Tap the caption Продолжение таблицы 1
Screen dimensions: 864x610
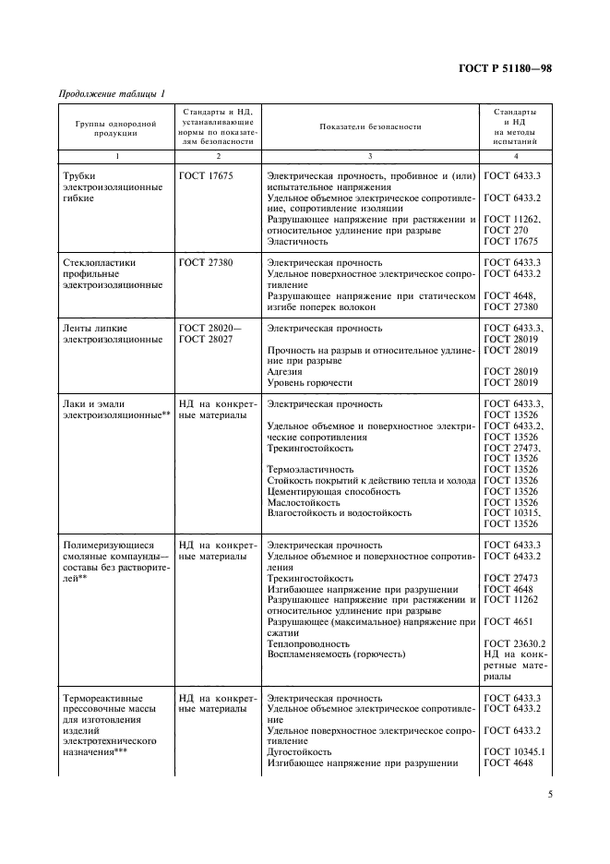[112, 93]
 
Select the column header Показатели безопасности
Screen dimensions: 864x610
[370, 126]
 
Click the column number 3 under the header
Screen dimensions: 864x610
[370, 157]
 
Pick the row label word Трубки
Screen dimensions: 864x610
[80, 174]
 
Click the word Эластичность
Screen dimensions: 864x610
[297, 241]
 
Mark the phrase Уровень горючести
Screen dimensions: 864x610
[309, 382]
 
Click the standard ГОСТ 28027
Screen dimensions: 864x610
[206, 339]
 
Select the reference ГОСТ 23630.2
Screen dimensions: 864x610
[515, 645]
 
